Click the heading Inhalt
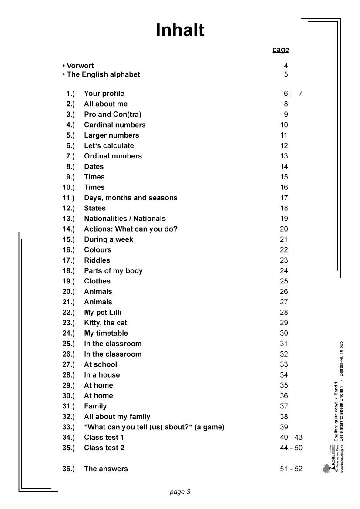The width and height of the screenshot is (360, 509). point(180,30)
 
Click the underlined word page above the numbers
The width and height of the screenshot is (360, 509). point(281,50)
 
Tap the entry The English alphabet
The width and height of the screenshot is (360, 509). point(101,74)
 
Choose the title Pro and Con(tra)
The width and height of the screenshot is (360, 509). point(112,115)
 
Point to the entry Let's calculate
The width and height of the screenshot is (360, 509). point(109,146)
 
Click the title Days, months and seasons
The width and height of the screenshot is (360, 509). point(131,198)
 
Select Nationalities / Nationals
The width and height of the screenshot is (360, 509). point(124,219)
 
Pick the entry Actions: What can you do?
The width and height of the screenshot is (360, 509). point(131,229)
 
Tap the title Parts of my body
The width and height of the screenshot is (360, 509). point(113,271)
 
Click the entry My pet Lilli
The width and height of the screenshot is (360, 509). point(103,313)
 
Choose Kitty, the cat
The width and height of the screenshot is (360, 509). point(105,323)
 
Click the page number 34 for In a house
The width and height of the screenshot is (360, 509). point(284,375)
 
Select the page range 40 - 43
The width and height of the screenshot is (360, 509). point(291,438)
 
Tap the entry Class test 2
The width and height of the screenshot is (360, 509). point(104,448)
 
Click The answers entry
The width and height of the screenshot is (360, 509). point(106,469)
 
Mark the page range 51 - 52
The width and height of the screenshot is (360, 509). point(291,469)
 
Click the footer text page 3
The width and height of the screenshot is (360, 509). point(180,492)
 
